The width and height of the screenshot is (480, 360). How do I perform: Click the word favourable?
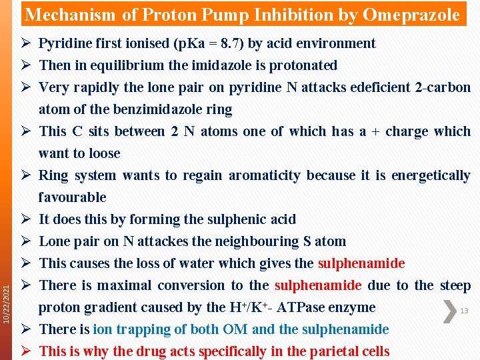coord(73,197)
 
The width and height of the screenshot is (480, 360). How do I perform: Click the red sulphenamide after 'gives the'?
coord(361,263)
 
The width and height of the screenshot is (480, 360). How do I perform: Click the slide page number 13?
coord(465,311)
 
